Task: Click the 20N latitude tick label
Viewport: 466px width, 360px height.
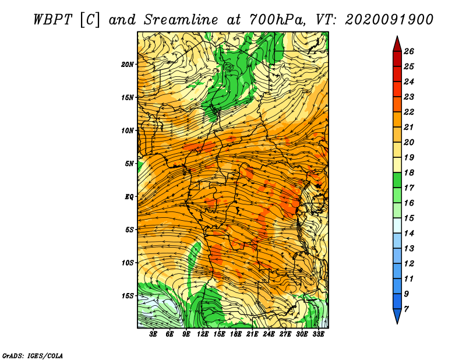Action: [x=128, y=65]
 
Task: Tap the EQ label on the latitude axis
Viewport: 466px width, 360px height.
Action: [x=129, y=197]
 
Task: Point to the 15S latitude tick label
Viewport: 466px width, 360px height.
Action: [x=128, y=296]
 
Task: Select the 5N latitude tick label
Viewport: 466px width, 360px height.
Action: [x=129, y=164]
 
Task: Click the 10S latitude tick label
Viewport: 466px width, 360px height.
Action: [x=128, y=263]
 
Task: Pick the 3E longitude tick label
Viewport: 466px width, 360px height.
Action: [x=153, y=334]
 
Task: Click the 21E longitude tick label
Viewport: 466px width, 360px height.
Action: [x=252, y=334]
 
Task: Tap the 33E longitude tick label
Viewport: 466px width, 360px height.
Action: [x=318, y=334]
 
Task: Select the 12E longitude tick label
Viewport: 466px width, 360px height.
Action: [x=202, y=334]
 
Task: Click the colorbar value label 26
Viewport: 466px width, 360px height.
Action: [x=409, y=51]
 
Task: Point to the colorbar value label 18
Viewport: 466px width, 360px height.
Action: [x=409, y=172]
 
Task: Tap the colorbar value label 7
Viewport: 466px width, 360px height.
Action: [x=406, y=309]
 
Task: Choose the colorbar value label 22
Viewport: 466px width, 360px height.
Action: [x=409, y=112]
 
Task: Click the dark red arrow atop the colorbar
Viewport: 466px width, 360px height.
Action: [x=397, y=44]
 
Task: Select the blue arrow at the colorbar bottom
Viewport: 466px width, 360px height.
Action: [x=397, y=316]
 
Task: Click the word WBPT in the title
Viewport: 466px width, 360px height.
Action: [x=53, y=20]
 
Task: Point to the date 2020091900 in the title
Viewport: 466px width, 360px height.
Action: [x=389, y=20]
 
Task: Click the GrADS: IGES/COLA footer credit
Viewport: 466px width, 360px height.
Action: [x=33, y=355]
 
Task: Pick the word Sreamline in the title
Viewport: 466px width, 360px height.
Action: [x=181, y=20]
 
